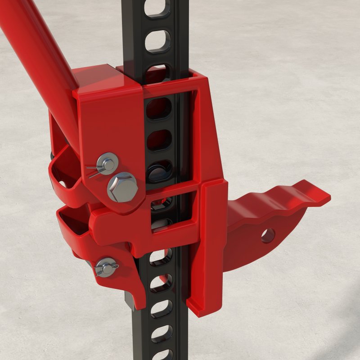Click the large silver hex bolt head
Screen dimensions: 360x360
[122, 187]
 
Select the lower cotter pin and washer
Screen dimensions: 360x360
[106, 267]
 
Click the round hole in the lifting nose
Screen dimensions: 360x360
[268, 235]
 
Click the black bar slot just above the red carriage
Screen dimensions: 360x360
[157, 72]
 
